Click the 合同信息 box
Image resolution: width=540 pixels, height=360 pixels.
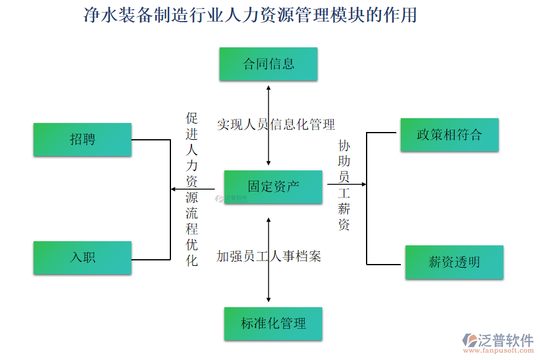point(268,64)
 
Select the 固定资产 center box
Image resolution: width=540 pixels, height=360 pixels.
point(273,187)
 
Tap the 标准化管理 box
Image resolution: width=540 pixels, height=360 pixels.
point(273,324)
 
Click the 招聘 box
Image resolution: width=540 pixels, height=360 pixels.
point(82,140)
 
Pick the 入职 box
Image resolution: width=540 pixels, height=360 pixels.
point(82,258)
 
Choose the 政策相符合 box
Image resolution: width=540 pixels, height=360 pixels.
point(449,134)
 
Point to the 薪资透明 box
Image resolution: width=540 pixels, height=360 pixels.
point(454,262)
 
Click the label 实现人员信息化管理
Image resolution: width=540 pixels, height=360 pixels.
point(276,124)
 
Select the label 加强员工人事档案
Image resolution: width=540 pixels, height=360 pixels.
point(269,257)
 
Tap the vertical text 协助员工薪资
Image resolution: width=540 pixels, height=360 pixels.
point(344,185)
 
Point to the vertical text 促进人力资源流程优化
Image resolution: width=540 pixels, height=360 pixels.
point(191,189)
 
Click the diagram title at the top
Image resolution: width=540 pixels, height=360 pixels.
point(250,15)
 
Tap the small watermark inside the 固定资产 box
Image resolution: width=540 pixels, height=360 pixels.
point(236,197)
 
